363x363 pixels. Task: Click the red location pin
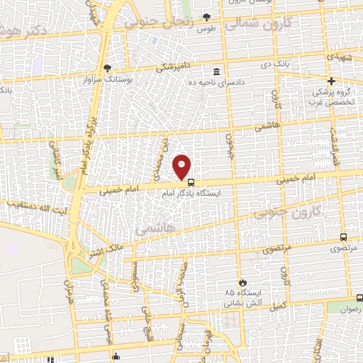182,166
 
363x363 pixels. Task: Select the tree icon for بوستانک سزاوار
107,68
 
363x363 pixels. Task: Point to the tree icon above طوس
206,16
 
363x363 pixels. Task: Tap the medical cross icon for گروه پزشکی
331,82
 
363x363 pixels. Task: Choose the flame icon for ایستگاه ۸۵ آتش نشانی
242,281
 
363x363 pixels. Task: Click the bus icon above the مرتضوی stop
344,238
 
